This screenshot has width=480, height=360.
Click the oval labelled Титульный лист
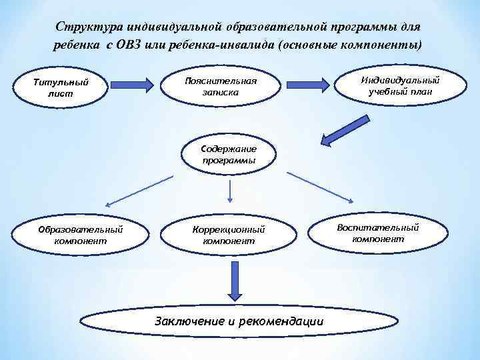(x=60, y=89)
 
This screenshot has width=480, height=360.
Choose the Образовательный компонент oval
(x=80, y=234)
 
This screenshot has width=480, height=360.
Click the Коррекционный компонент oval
(x=229, y=234)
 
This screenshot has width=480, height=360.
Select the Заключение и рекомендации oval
(x=239, y=321)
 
